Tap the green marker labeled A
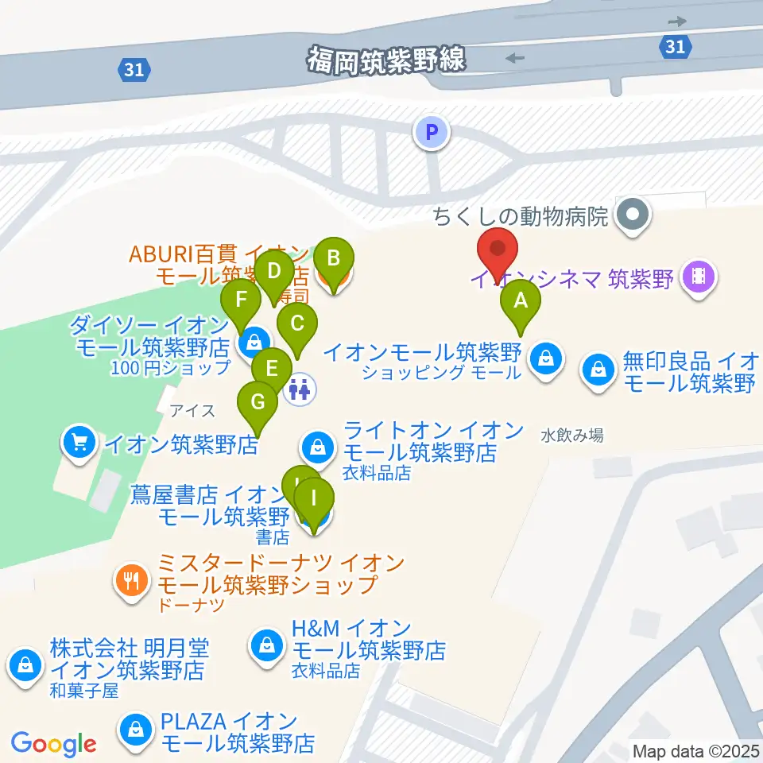(521, 302)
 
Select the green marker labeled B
(333, 259)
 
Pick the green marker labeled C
(297, 324)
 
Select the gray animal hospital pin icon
(633, 214)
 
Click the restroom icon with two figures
(300, 389)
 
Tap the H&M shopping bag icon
(265, 644)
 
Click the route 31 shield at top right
(675, 47)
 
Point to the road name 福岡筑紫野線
(387, 59)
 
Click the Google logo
(53, 743)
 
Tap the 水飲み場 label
(571, 436)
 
